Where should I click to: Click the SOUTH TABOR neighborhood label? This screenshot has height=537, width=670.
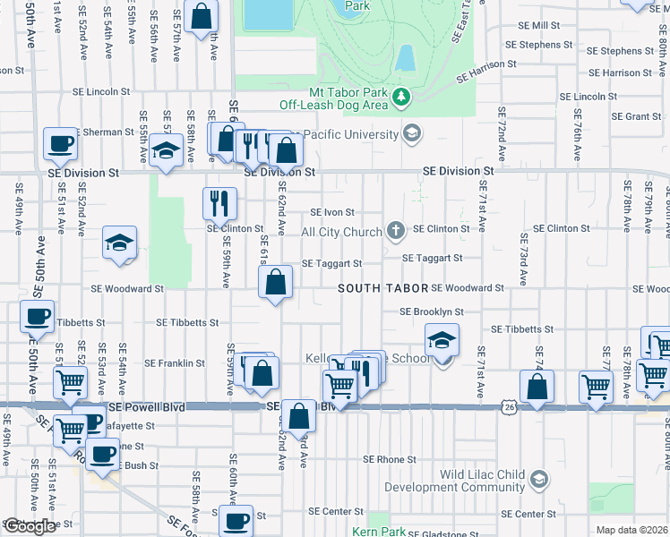382,288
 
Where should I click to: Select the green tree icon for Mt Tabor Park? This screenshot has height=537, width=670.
403,94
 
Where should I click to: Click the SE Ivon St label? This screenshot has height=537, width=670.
332,213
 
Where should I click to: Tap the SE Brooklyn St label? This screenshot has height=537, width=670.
432,311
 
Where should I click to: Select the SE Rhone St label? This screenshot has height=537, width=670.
390,459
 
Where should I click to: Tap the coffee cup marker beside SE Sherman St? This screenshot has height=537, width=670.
61,142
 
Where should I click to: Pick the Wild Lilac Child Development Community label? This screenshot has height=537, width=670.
454,481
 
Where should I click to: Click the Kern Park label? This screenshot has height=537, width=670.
380,532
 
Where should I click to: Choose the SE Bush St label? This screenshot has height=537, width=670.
130,465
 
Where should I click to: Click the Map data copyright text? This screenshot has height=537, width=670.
632,530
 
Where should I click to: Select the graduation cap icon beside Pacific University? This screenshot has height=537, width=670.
411,134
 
